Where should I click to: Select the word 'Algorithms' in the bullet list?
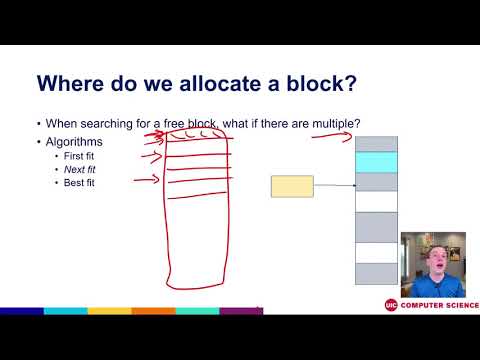73,142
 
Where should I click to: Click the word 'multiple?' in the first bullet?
333,124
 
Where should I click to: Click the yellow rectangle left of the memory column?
292,186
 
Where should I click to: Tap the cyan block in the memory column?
376,162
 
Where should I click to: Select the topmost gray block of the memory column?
376,144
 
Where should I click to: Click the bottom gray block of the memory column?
376,272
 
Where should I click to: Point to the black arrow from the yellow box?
334,186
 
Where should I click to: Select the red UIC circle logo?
391,305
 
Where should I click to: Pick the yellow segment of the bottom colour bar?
109,311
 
